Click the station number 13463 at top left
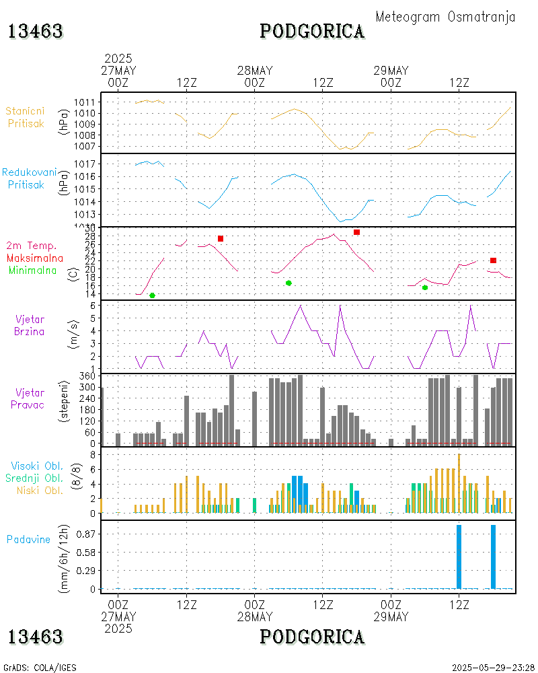[36, 31]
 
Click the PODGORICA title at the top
[312, 31]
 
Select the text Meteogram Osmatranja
[445, 17]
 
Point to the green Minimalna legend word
[33, 270]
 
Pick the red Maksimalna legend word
[35, 258]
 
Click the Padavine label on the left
[28, 539]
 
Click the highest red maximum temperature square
[356, 232]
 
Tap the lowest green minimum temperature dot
[152, 295]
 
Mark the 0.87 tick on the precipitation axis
[85, 534]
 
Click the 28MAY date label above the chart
[255, 71]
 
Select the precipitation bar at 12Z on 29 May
[459, 557]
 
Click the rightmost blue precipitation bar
[493, 557]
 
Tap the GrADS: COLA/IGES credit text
[40, 668]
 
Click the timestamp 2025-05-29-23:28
[493, 668]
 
